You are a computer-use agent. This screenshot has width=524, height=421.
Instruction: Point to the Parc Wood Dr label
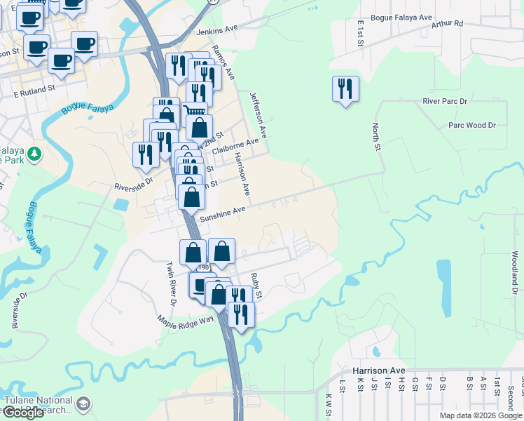click(x=471, y=125)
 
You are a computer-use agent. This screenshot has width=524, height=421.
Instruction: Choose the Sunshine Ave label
click(x=223, y=213)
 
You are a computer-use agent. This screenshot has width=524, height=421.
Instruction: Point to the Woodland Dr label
click(x=514, y=273)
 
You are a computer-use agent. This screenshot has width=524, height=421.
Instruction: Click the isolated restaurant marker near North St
click(x=345, y=90)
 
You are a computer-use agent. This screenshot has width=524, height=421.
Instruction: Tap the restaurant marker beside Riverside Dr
click(x=146, y=156)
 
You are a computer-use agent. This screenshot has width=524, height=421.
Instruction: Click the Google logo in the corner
click(x=23, y=413)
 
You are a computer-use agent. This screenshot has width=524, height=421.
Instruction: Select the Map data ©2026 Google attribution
click(x=481, y=415)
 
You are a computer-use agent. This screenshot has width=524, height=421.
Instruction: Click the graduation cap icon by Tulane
click(x=83, y=404)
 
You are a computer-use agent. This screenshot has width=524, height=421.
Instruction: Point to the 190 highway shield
click(x=204, y=267)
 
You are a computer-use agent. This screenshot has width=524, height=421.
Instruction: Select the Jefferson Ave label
click(x=258, y=113)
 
